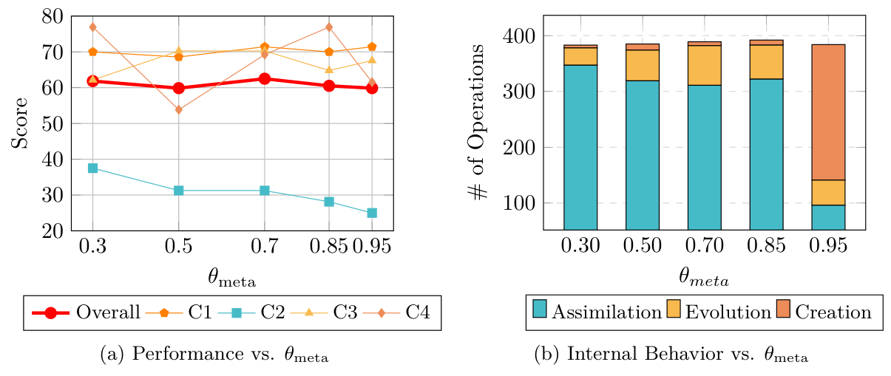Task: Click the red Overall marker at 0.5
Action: coord(178,88)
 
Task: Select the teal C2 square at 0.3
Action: coord(92,168)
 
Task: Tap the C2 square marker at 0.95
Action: coord(372,213)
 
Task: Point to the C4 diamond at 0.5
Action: coord(178,110)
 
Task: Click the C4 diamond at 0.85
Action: coord(329,27)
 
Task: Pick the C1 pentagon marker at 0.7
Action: coord(264,47)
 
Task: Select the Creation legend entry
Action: coord(824,312)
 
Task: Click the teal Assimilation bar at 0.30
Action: coord(580,148)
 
